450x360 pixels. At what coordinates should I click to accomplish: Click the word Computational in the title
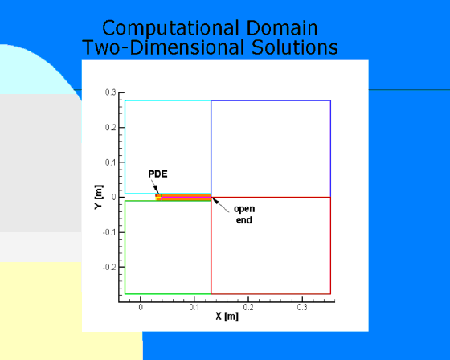(x=170, y=29)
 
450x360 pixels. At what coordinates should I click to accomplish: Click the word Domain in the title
(x=282, y=28)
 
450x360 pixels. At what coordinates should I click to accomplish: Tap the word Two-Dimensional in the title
(x=164, y=47)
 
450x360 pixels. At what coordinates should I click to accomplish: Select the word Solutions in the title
(x=295, y=47)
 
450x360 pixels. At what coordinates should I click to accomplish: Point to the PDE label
(x=157, y=174)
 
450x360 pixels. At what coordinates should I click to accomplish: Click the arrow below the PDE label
(x=155, y=186)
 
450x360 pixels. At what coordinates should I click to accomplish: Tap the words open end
(x=244, y=215)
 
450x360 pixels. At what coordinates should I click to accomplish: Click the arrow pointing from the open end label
(x=220, y=205)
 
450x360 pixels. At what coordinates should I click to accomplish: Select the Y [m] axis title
(x=98, y=197)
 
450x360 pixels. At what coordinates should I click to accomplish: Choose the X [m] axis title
(x=227, y=317)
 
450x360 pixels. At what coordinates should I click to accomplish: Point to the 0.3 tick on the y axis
(x=111, y=92)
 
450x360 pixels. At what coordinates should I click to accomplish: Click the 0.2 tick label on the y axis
(x=111, y=128)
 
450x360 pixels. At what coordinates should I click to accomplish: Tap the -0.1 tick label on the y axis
(x=109, y=232)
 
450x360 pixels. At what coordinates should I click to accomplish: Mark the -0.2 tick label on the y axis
(x=109, y=267)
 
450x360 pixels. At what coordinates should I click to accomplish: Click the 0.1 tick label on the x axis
(x=194, y=308)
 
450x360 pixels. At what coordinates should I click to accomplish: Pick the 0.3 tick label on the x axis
(x=302, y=308)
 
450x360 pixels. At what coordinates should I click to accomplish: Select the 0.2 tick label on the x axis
(x=248, y=308)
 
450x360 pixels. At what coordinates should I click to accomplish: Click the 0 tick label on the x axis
(x=141, y=308)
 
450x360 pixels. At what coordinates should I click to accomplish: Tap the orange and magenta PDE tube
(x=183, y=197)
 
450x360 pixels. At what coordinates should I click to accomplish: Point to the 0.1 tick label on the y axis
(x=111, y=162)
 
